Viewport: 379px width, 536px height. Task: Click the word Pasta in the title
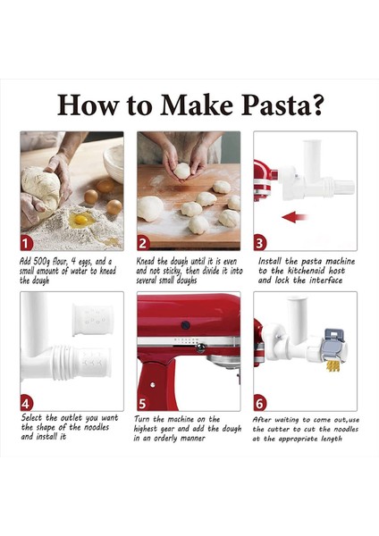point(273,105)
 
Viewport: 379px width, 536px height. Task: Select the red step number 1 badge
point(28,242)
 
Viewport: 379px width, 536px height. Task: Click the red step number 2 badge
point(144,242)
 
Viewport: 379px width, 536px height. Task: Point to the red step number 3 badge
point(260,242)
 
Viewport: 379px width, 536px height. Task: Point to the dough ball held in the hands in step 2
point(182,170)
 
